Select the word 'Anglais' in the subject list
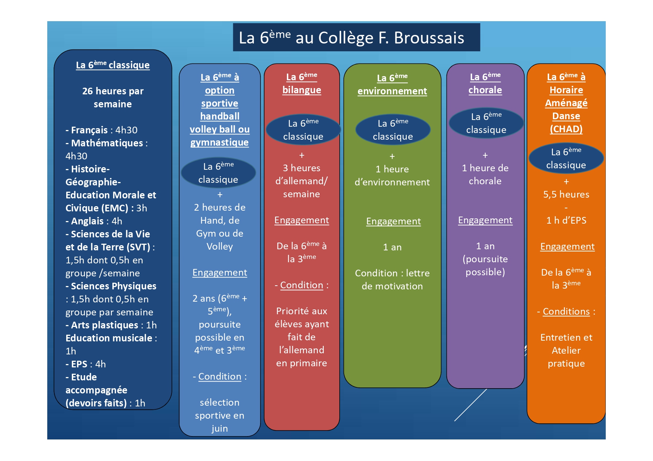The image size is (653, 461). (x=87, y=221)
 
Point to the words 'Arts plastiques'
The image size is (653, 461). (x=104, y=325)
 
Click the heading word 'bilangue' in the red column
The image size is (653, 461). (x=302, y=90)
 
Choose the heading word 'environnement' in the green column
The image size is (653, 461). (x=392, y=91)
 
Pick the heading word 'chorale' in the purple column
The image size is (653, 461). (x=485, y=90)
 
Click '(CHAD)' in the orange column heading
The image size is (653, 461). (x=566, y=129)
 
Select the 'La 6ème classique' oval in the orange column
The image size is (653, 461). (x=566, y=158)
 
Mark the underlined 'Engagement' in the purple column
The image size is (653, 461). (x=485, y=220)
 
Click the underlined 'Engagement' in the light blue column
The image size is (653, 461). (x=220, y=272)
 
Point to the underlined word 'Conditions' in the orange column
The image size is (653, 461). (x=566, y=311)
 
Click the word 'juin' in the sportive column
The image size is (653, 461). (x=220, y=428)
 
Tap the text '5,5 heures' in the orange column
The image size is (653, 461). (x=566, y=194)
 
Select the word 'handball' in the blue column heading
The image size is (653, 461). (x=220, y=116)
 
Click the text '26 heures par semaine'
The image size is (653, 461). (x=113, y=97)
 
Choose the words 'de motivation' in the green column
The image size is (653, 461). (x=392, y=286)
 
